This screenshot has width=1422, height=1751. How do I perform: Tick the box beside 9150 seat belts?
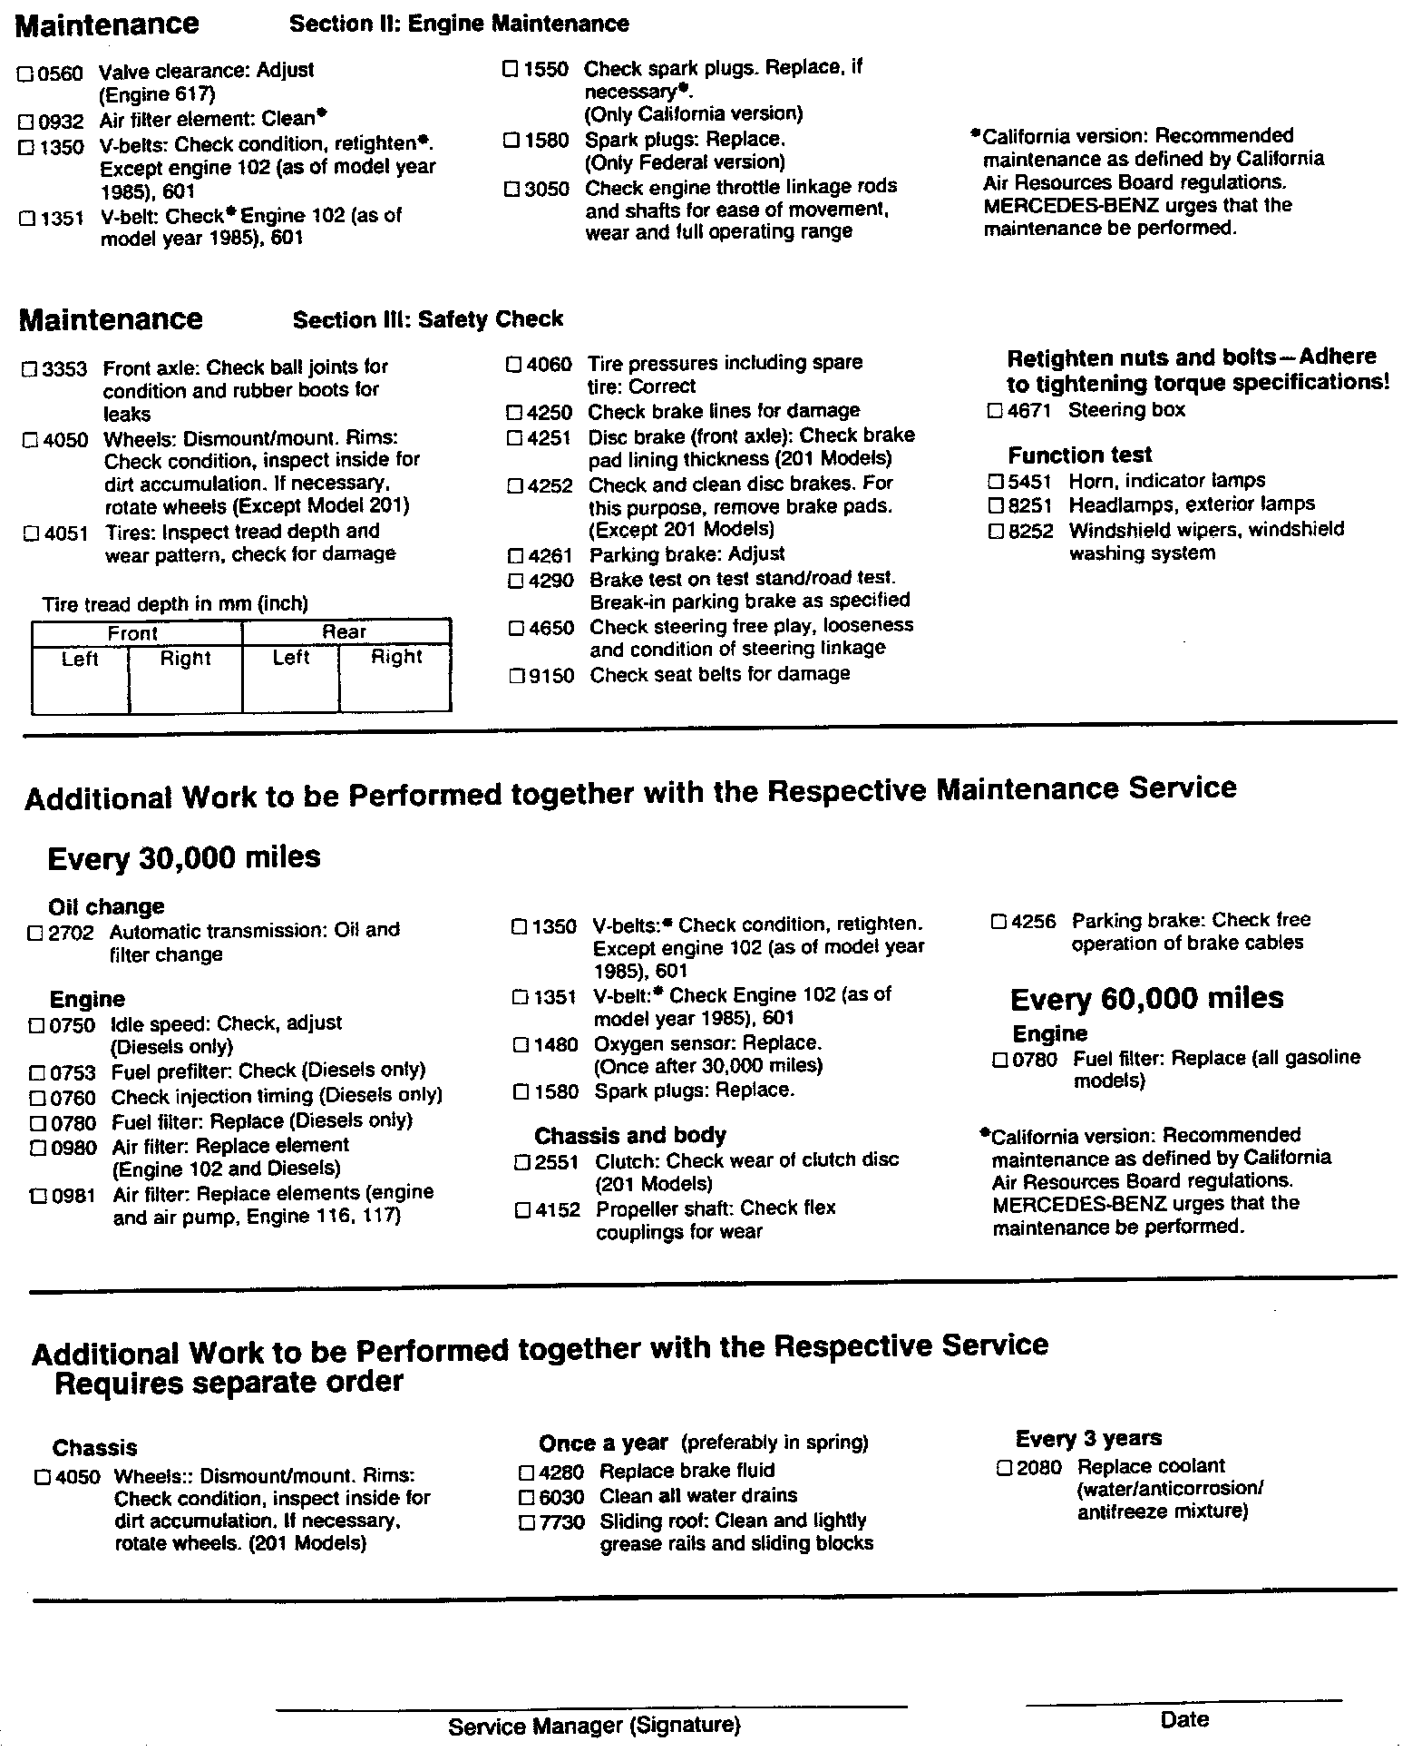tap(517, 676)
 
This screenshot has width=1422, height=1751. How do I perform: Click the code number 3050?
tap(548, 189)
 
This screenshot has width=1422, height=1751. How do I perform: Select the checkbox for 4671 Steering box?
tap(995, 411)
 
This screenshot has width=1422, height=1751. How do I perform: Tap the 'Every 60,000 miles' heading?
tap(1146, 999)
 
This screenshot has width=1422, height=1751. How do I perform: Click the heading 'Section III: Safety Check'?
tap(427, 319)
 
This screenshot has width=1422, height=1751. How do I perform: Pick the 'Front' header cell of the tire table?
tap(133, 633)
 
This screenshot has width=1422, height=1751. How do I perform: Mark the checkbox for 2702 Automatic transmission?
tap(36, 933)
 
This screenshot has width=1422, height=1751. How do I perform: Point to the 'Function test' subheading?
tap(1079, 455)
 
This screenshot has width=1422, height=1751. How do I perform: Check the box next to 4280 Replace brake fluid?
tap(526, 1472)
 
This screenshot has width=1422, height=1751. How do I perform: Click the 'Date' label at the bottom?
tap(1184, 1719)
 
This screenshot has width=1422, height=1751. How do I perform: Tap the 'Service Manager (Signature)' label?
tap(594, 1727)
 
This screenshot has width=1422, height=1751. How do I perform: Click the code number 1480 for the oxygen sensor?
tap(555, 1044)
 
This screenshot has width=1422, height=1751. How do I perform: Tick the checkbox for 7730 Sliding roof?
tap(527, 1522)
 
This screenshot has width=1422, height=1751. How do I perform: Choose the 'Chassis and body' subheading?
tap(629, 1135)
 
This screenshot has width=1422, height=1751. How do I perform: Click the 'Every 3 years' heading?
tap(1088, 1438)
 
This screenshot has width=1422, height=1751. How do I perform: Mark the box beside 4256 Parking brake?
tap(998, 922)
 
